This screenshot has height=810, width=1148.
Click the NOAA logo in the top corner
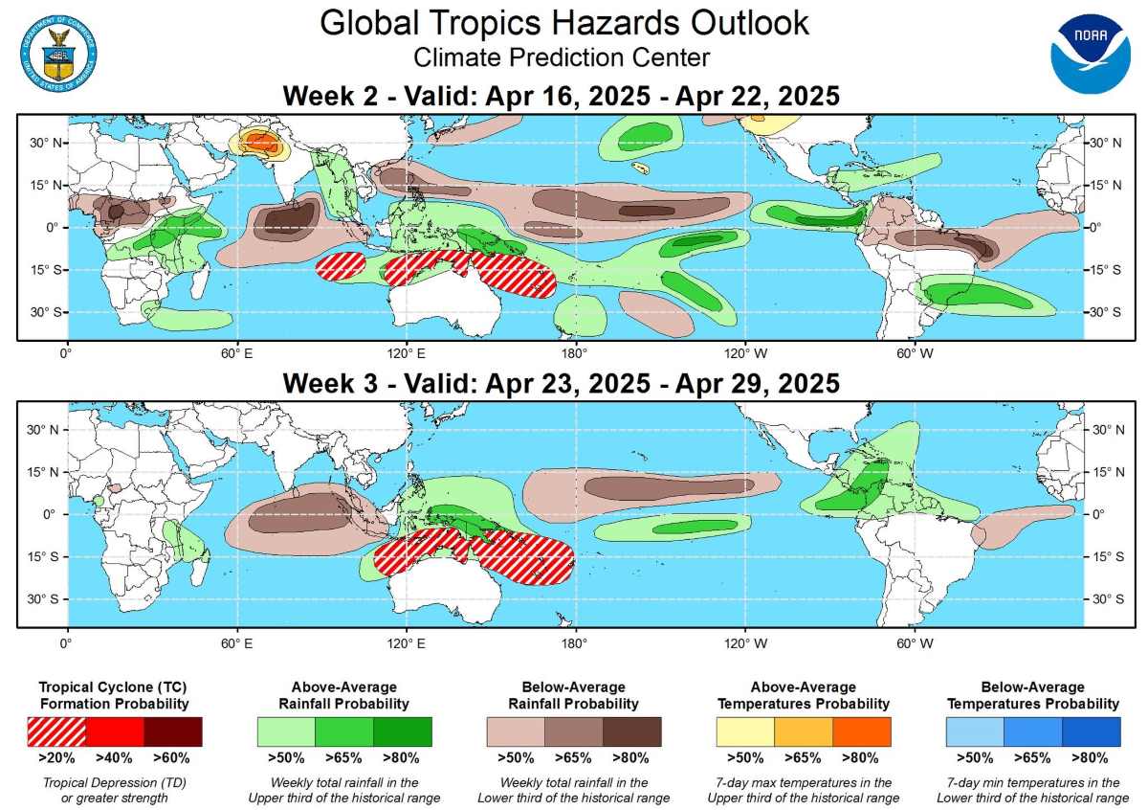(x=1090, y=54)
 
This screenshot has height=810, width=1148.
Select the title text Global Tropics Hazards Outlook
(x=563, y=23)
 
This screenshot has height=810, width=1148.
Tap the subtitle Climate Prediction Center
(x=562, y=58)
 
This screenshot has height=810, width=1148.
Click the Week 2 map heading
(x=561, y=97)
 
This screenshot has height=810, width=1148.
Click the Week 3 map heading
(x=561, y=384)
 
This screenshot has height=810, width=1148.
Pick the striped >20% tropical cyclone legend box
(x=56, y=731)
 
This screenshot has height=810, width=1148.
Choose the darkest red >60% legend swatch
(x=173, y=731)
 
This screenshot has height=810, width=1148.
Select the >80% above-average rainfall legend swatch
(x=403, y=731)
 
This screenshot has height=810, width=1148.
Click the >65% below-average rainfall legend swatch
(x=574, y=731)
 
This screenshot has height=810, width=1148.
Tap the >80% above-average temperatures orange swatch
(x=862, y=731)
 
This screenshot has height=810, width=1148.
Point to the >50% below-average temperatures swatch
(x=975, y=731)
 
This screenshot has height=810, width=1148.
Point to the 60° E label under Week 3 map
(x=235, y=641)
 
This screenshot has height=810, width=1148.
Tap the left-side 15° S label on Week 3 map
(x=39, y=556)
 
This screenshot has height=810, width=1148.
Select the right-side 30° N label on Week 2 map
(x=1108, y=143)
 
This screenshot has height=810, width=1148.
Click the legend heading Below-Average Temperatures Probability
(x=1032, y=695)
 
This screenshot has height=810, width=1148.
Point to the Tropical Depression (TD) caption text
(x=115, y=783)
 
